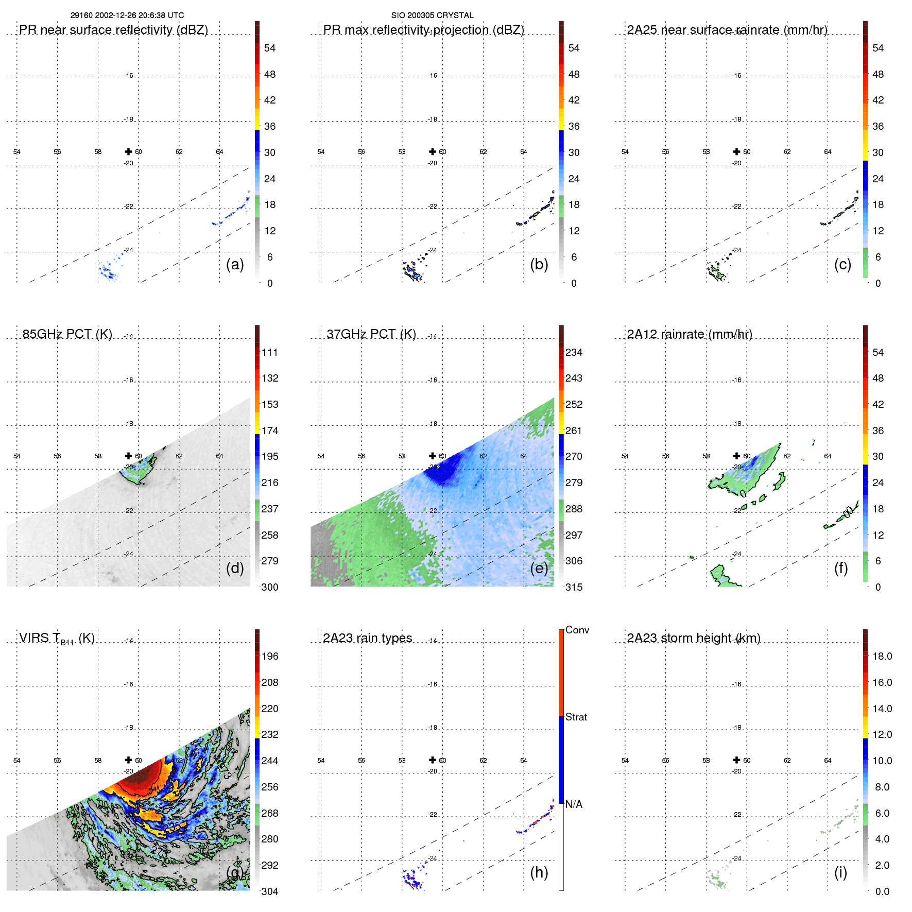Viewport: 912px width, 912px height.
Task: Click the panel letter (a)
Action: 234,265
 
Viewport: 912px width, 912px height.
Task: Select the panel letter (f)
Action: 840,568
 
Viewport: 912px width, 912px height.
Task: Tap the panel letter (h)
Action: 539,872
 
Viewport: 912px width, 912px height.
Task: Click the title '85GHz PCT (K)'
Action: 67,334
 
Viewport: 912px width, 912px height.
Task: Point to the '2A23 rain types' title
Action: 367,638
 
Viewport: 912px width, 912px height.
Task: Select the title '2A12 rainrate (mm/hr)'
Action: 689,334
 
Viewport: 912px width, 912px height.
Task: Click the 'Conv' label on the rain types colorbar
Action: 577,630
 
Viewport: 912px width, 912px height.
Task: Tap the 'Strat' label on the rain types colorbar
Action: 576,717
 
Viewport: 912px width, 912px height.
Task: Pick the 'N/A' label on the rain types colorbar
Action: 574,804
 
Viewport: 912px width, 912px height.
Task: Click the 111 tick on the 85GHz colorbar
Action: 269,352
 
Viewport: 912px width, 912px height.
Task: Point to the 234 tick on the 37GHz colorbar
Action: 574,352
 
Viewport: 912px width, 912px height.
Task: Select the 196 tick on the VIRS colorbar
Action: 269,656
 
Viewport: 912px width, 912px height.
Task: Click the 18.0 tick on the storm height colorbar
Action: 882,656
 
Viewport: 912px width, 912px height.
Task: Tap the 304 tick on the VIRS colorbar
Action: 269,891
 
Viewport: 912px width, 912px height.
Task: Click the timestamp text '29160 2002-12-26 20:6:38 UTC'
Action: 127,15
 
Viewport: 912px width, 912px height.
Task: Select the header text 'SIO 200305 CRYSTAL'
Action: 432,15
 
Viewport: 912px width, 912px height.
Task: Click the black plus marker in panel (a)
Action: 128,151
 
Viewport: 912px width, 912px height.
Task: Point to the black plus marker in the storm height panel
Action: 736,760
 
